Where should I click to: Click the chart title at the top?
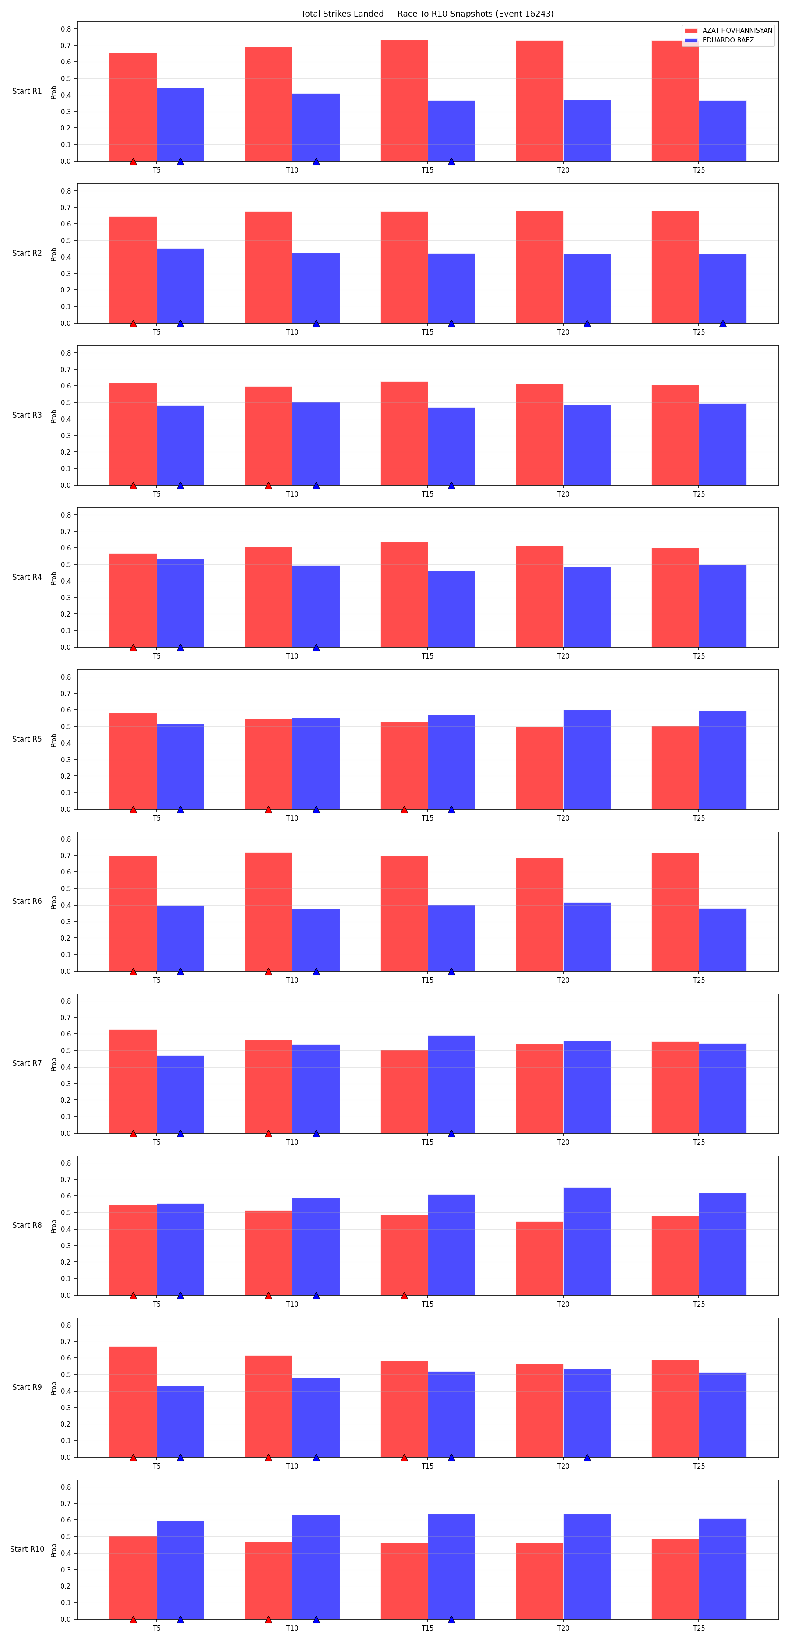(427, 14)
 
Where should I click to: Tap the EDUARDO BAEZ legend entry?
(719, 40)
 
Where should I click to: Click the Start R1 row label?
(27, 91)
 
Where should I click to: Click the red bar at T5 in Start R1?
(133, 107)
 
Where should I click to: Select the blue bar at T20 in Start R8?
(587, 1241)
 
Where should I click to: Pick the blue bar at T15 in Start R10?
(451, 1566)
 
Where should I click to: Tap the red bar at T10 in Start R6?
(268, 912)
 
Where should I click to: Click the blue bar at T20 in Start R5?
(587, 760)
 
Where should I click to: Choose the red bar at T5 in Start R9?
(133, 1402)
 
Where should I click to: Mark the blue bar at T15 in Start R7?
(451, 1084)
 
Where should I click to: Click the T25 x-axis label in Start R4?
(699, 656)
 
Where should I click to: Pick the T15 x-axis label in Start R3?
(427, 494)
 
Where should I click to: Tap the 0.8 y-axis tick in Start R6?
(66, 839)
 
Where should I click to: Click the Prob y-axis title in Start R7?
(53, 1063)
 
